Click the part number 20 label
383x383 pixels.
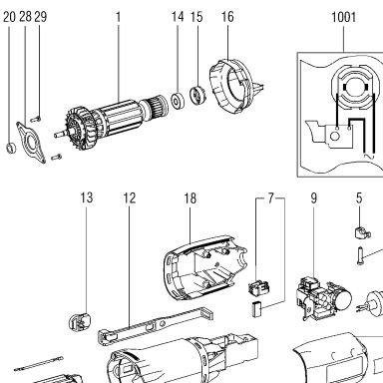[9, 17]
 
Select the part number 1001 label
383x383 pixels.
[344, 17]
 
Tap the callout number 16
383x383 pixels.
[227, 17]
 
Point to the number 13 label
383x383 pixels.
[86, 197]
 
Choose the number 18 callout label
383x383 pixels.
[191, 198]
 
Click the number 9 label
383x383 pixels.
[314, 198]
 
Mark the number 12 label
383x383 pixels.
[130, 198]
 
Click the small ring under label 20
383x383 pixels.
[11, 148]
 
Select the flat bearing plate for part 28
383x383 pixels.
[31, 143]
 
